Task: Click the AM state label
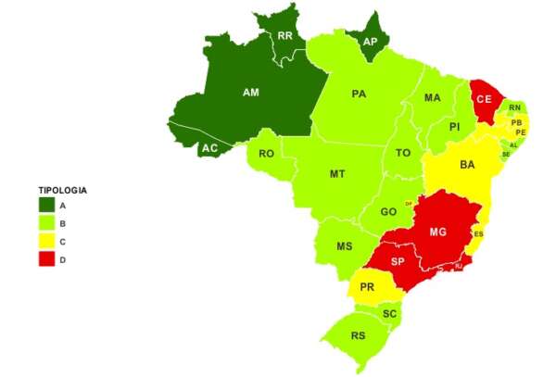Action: [x=250, y=94]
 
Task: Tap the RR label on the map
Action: [x=285, y=37]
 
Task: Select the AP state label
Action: [x=370, y=42]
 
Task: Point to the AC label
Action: [x=211, y=148]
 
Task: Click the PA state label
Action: [x=360, y=94]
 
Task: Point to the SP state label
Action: [x=398, y=261]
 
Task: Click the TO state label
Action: [x=402, y=152]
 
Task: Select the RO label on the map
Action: [x=266, y=154]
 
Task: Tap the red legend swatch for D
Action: [x=45, y=259]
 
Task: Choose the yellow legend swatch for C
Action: [x=45, y=242]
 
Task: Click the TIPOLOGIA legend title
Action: [x=62, y=190]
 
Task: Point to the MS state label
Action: [x=344, y=246]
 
